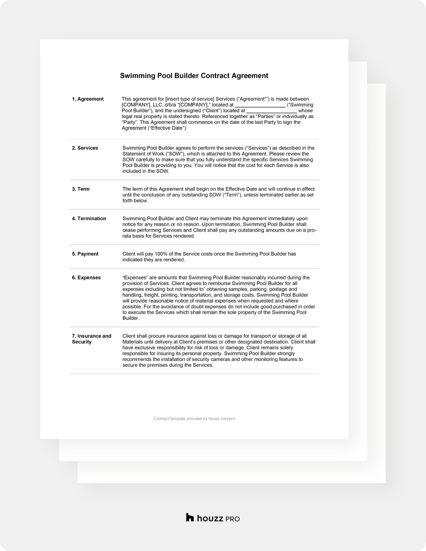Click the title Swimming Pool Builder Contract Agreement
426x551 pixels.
tap(194, 76)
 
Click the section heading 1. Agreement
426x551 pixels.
tap(88, 99)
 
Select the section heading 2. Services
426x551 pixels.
tap(85, 148)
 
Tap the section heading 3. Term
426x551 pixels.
tap(81, 189)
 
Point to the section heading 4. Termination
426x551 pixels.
tap(89, 218)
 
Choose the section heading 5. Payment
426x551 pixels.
tap(85, 254)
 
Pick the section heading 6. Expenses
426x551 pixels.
tap(86, 277)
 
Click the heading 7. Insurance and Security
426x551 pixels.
tap(92, 339)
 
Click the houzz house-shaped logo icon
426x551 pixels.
tap(190, 517)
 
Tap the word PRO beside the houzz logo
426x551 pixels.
tap(232, 518)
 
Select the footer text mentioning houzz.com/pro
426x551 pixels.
tap(194, 419)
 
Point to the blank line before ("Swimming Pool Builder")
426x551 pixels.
tap(260, 105)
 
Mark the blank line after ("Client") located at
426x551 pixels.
tap(271, 111)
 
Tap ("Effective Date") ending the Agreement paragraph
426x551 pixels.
tap(169, 128)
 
